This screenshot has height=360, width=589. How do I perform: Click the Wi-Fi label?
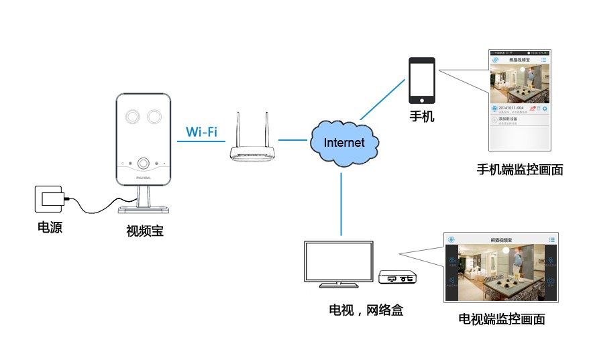(x=201, y=131)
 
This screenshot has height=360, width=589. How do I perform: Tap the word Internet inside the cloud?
(x=344, y=142)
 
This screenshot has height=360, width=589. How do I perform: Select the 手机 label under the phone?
(x=422, y=117)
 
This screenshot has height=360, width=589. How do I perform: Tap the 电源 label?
(x=50, y=228)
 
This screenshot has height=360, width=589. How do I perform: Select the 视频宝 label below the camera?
(x=145, y=232)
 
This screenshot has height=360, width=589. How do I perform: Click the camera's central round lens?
(x=143, y=163)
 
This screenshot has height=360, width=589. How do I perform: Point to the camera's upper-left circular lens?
(x=131, y=115)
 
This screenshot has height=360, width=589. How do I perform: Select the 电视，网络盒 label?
(x=366, y=310)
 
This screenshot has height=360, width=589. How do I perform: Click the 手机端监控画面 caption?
(x=519, y=170)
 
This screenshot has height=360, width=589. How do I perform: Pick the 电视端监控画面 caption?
(x=501, y=319)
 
